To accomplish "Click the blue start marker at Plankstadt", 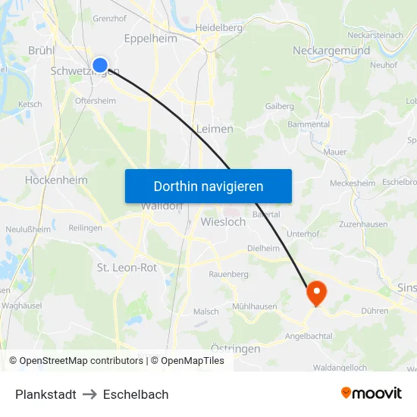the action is pos(99,65).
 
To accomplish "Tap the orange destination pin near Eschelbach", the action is pos(315,292).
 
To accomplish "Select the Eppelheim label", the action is pos(150,39).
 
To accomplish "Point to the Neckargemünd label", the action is pos(331,51).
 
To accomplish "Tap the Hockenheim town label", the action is pos(56,180).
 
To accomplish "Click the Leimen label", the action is pos(215,129).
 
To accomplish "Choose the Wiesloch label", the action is pos(224,222).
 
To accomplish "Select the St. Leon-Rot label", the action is pos(127,267).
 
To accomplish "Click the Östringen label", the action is pos(234,349).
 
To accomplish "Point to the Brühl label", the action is pos(41,49).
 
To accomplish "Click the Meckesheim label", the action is pos(353,183).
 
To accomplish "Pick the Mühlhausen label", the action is pos(254,306).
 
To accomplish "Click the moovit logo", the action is pos(371,393).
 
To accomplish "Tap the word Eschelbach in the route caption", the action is pos(136,394).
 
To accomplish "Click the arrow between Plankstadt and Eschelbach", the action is pos(89,394).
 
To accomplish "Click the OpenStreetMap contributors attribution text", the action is pos(81,361).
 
